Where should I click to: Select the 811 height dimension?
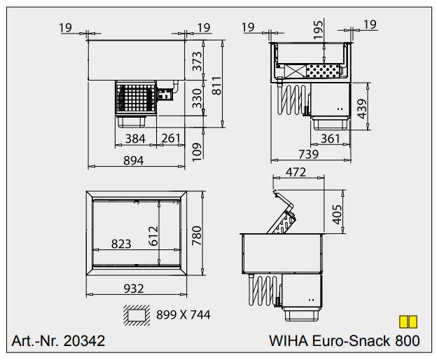click(x=217, y=86)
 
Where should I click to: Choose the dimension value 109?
click(x=197, y=149)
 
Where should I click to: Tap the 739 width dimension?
click(x=307, y=154)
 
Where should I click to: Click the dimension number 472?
click(x=300, y=172)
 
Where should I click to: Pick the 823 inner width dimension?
click(x=122, y=244)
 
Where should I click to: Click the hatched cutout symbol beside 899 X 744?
click(x=137, y=315)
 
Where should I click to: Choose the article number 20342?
click(x=83, y=341)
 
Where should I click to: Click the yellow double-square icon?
click(x=408, y=321)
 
